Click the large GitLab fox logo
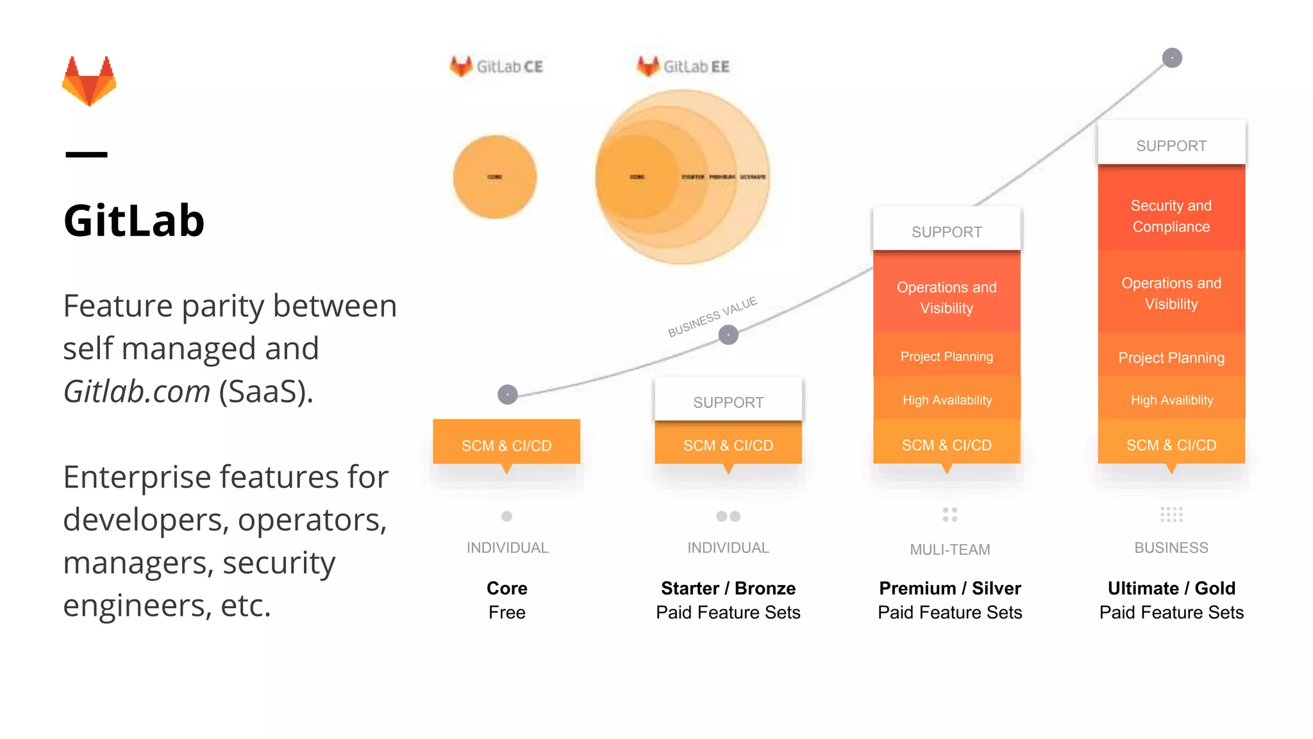tap(89, 81)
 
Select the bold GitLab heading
tap(134, 221)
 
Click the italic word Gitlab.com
tap(137, 391)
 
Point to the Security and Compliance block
tap(1171, 216)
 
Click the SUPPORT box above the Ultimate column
tap(1171, 146)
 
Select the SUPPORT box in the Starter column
tap(728, 402)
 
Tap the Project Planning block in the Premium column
tap(946, 357)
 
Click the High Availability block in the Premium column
tap(946, 400)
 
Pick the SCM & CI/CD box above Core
tap(506, 445)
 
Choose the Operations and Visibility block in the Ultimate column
tap(1171, 293)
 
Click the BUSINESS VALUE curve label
tap(712, 317)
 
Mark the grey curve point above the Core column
tap(508, 395)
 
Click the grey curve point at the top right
tap(1172, 58)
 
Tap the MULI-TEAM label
tap(949, 550)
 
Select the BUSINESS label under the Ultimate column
tap(1171, 548)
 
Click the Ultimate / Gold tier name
tap(1171, 588)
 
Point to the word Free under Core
tap(506, 613)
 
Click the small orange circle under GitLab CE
tap(495, 177)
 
